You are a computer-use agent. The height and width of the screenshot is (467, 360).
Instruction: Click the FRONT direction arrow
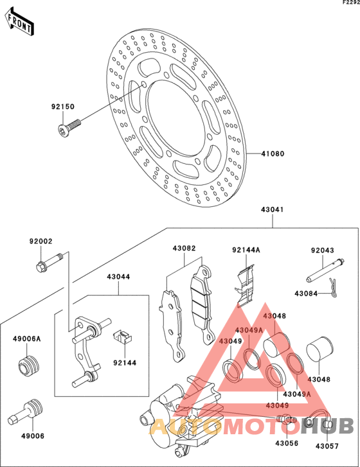[19, 21]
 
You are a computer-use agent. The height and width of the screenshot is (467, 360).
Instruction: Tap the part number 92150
[62, 107]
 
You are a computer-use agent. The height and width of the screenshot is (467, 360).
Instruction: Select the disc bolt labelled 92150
[69, 127]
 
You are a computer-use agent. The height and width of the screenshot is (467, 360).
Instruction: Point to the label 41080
[273, 154]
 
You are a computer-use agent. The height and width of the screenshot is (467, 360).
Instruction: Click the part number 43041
[273, 209]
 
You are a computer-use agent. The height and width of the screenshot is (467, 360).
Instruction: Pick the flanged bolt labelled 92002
[49, 262]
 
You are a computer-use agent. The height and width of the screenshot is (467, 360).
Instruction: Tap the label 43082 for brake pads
[184, 248]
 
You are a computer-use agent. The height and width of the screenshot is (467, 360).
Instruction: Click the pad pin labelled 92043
[325, 270]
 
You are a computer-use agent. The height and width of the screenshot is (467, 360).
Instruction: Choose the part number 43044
[119, 277]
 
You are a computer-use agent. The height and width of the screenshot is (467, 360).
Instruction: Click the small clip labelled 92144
[123, 337]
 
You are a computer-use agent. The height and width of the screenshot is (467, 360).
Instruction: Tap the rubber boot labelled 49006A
[29, 366]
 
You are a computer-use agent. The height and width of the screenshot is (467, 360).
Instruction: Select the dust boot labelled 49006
[26, 412]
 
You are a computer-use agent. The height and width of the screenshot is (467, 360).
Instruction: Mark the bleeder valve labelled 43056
[287, 418]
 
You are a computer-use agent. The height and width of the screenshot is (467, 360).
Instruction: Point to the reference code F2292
[351, 3]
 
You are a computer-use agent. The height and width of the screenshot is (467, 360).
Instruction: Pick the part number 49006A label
[26, 339]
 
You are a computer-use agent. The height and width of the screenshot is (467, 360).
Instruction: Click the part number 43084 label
[306, 294]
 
